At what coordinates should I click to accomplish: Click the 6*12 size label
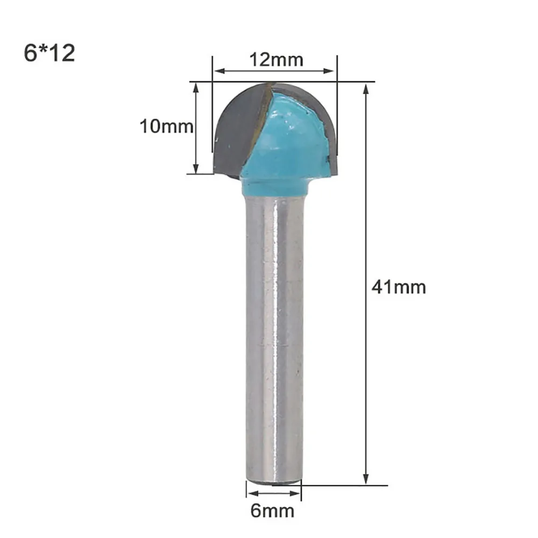coord(49,53)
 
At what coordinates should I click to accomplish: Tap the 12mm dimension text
coord(276,60)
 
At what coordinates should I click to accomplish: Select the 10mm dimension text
coord(166,126)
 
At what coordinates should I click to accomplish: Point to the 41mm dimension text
coord(399,287)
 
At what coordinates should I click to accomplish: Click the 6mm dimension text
coord(272,511)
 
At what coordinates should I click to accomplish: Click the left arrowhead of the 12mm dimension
coord(220,71)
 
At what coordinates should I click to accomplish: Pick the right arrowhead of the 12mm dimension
coord(329,71)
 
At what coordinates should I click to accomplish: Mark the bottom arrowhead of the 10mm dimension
coord(196,168)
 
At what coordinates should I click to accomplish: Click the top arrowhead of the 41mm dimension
coord(366,89)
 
